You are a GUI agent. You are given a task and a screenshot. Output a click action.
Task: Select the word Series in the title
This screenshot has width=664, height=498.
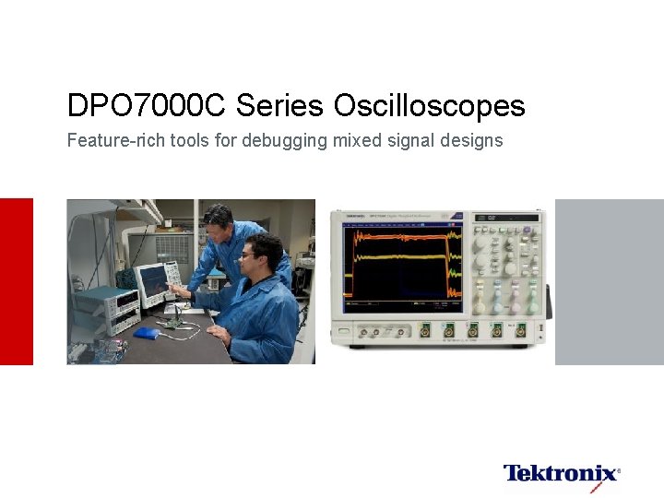pos(280,106)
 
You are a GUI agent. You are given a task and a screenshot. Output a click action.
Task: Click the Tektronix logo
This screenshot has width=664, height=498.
pos(561,474)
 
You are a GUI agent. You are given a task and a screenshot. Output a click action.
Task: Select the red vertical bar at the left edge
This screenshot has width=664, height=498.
pos(16,281)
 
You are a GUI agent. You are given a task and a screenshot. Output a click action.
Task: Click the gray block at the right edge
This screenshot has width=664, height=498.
pos(609,281)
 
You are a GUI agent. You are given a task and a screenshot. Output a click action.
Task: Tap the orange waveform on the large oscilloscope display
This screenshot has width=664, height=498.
pos(397,247)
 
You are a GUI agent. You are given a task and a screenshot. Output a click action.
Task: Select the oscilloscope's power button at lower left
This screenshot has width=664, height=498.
pos(344,330)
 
